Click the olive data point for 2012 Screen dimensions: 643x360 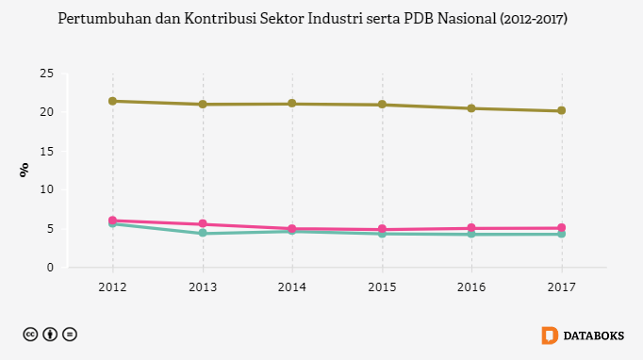coord(113,101)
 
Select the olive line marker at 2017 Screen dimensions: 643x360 coord(561,110)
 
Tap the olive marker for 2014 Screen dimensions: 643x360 coord(292,104)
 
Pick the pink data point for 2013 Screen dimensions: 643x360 coord(203,224)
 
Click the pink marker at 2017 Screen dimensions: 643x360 coord(561,227)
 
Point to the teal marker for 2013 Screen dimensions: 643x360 coord(203,233)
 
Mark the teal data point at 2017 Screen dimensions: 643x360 coord(561,234)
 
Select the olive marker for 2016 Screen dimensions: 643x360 coord(471,108)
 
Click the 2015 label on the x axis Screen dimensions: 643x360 coord(382,287)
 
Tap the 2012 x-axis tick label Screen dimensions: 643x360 coord(113,287)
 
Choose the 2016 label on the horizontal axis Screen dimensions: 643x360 coord(471,287)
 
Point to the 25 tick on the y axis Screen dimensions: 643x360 coord(47,74)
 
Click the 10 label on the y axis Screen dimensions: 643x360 coord(47,189)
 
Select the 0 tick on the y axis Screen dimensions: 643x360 coord(50,268)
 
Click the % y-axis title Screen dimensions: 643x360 coord(25,170)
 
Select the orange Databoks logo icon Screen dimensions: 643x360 coord(550,335)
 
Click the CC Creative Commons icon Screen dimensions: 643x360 coord(30,335)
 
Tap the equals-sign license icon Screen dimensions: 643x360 coord(70,335)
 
